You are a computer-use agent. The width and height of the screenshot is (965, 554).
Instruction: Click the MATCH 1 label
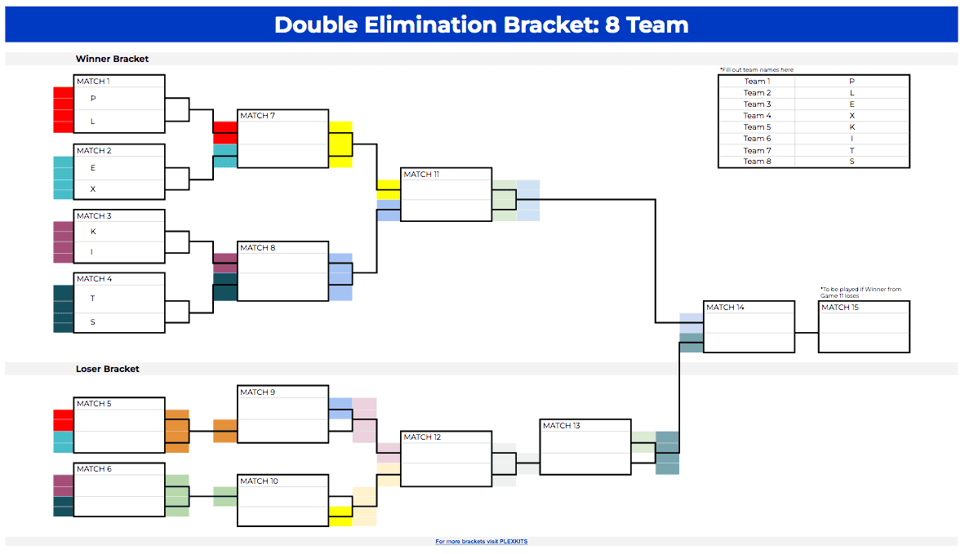tap(93, 82)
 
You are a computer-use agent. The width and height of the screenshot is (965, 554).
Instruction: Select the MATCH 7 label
tap(257, 116)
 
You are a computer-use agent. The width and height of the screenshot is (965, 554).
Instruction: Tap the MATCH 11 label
tap(421, 175)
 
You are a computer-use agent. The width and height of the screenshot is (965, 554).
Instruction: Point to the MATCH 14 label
tap(725, 308)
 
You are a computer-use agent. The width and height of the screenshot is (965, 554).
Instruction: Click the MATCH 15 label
tap(840, 308)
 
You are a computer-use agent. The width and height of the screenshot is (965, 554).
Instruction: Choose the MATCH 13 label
tap(561, 426)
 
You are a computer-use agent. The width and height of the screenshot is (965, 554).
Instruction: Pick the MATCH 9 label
tap(257, 392)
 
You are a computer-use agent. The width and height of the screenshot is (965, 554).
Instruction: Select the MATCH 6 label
tap(93, 469)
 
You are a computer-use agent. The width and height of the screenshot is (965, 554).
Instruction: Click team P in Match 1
tap(93, 99)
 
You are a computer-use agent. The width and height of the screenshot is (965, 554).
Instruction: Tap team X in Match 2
tap(93, 189)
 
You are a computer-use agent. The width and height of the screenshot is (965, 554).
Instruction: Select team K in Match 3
tap(93, 232)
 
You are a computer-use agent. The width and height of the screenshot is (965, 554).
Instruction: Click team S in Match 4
tap(93, 322)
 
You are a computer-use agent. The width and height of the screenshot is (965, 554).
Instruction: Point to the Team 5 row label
tap(757, 127)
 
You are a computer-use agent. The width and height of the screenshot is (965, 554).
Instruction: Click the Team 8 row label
tap(757, 162)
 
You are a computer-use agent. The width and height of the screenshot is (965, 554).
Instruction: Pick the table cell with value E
tap(852, 104)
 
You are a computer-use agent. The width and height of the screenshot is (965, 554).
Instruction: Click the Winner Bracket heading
tap(112, 59)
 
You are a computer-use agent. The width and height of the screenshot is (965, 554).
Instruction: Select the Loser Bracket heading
tap(108, 369)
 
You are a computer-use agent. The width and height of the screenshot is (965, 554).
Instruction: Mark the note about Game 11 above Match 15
tap(860, 292)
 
